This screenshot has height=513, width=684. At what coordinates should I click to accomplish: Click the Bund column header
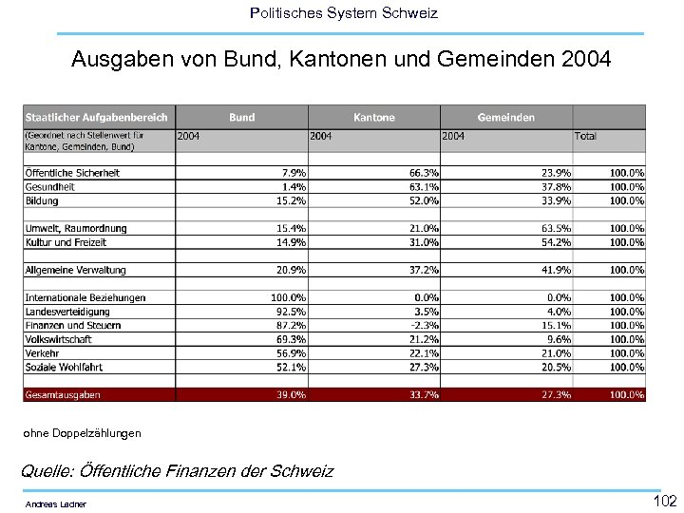pyautogui.click(x=242, y=117)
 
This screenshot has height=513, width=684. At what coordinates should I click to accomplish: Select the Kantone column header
pyautogui.click(x=373, y=117)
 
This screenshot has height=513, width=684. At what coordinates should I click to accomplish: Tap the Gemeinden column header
pyautogui.click(x=505, y=117)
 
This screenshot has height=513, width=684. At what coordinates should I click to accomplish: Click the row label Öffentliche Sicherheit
pyautogui.click(x=72, y=173)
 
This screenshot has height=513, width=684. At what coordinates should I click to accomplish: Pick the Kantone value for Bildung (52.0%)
pyautogui.click(x=424, y=200)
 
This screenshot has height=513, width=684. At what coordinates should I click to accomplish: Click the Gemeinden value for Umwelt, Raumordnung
pyautogui.click(x=556, y=228)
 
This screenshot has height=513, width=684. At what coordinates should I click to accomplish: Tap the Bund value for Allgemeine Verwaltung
pyautogui.click(x=291, y=270)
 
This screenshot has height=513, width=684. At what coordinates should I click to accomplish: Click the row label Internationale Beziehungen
pyautogui.click(x=85, y=297)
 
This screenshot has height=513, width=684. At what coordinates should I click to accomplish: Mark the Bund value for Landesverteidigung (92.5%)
pyautogui.click(x=291, y=312)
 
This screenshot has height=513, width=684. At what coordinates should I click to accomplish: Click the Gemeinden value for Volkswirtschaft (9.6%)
pyautogui.click(x=558, y=339)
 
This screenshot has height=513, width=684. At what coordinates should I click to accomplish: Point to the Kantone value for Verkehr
pyautogui.click(x=424, y=352)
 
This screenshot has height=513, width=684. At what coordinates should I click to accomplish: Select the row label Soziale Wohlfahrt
pyautogui.click(x=65, y=367)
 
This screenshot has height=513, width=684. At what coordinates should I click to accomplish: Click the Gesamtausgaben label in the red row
pyautogui.click(x=63, y=394)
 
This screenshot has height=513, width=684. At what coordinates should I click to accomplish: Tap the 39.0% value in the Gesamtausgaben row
pyautogui.click(x=291, y=394)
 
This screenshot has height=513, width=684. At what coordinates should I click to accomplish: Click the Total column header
pyautogui.click(x=585, y=136)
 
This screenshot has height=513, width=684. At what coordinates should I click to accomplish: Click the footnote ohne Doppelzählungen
pyautogui.click(x=82, y=433)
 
